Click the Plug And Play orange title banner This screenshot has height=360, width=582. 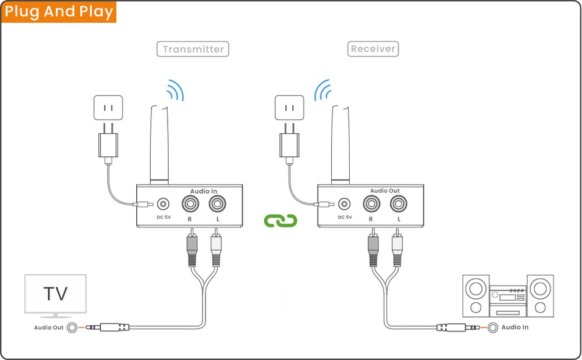pos(59,12)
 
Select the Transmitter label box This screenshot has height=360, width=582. pos(193,49)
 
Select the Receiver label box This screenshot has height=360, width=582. pos(373,48)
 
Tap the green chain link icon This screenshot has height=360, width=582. pos(281,220)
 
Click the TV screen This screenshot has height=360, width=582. pos(55,294)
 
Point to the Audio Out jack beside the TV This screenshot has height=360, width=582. pos(73,327)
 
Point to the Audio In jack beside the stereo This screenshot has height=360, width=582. pos(492,327)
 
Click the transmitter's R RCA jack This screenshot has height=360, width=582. pos(191,204)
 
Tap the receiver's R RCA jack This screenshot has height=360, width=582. pos(371,204)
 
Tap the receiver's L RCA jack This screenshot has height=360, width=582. pos(399,204)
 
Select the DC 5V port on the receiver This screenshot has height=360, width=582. pos(345,204)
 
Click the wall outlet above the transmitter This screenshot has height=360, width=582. pos(108,108)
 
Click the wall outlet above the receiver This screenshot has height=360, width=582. pos(288,108)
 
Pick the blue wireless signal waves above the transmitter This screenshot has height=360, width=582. pos(175,90)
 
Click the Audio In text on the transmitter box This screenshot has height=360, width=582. pos(204,191)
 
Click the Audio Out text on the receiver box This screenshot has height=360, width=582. pos(385,191)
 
